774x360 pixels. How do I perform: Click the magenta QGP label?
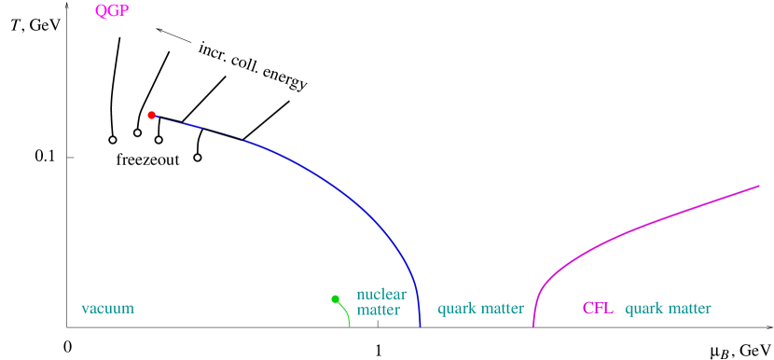112,11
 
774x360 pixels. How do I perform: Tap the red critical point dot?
151,115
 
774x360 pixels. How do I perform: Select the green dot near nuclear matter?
335,298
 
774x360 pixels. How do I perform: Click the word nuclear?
380,295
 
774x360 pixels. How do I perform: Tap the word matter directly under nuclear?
378,311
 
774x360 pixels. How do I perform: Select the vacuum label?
107,309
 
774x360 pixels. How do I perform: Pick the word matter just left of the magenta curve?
501,309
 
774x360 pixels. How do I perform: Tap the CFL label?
598,309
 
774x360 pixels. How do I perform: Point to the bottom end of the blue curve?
421,326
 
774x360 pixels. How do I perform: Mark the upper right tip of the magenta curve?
760,186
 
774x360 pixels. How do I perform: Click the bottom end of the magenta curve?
533,326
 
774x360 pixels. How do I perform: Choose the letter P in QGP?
123,11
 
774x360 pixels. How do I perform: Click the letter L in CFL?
608,309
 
